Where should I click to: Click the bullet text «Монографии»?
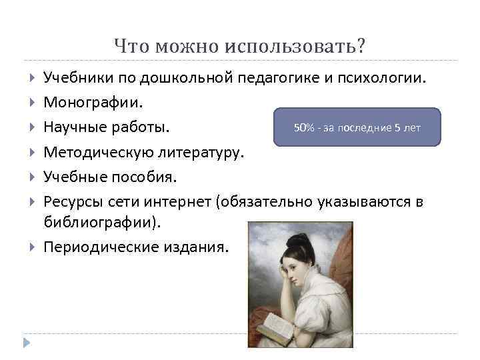pos(93,103)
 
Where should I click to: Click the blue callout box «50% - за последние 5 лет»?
pos(357,127)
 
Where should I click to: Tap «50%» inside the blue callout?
pos(304,127)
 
